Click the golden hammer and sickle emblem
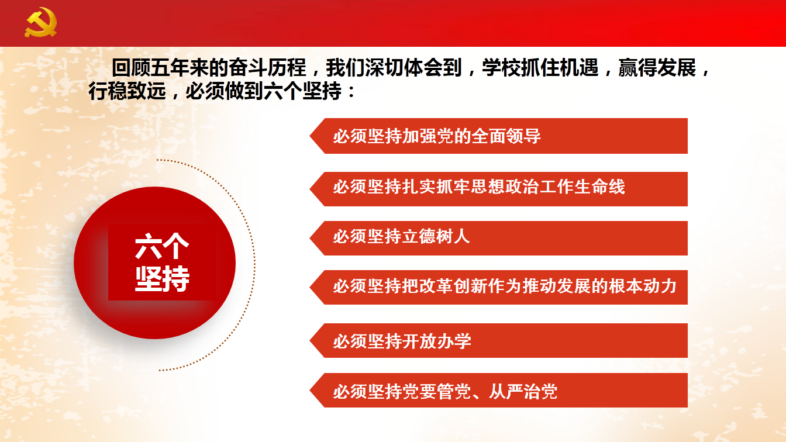tap(41, 22)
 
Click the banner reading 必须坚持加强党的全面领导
tap(498, 136)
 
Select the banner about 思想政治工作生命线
tap(498, 189)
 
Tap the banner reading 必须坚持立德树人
tap(498, 238)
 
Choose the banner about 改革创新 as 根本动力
tap(498, 287)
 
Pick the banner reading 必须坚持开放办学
tap(498, 340)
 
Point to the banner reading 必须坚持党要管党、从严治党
tap(498, 390)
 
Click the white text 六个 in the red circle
tap(162, 246)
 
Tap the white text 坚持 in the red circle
tap(162, 278)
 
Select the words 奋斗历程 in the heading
tap(267, 67)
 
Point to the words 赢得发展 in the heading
tap(657, 67)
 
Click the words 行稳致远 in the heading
tap(127, 91)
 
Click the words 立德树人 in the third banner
tap(436, 236)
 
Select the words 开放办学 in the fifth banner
tap(436, 341)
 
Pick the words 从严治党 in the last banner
tap(523, 392)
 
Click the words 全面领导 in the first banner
tap(506, 136)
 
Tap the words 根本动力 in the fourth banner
tap(643, 286)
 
